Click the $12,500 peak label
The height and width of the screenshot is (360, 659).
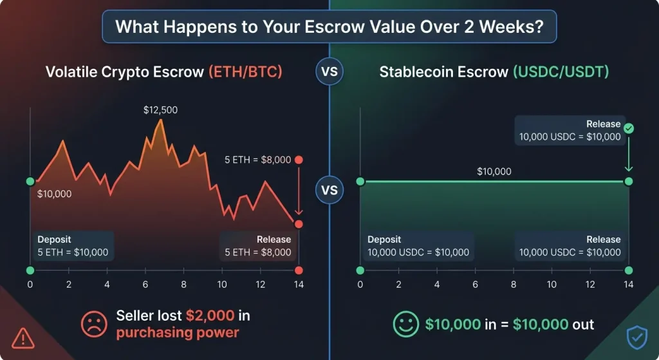(x=160, y=110)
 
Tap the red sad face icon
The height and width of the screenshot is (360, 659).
(x=94, y=323)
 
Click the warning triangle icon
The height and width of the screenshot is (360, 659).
(x=23, y=337)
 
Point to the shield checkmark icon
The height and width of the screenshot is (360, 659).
(x=636, y=337)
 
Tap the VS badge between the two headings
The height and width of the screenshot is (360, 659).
(x=329, y=72)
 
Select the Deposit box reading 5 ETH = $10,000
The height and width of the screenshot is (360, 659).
(x=73, y=246)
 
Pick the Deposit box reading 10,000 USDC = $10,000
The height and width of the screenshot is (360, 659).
(x=418, y=246)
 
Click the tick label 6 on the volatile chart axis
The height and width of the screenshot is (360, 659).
(x=145, y=285)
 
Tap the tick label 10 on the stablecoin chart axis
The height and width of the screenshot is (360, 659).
(x=552, y=285)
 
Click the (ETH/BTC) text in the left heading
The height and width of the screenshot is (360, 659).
(x=245, y=72)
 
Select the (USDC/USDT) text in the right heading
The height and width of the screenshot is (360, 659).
(x=560, y=72)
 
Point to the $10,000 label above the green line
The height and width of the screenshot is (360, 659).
(x=494, y=171)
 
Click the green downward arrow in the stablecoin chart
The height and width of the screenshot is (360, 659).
(x=629, y=155)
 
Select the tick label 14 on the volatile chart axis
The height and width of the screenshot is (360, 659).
(x=299, y=285)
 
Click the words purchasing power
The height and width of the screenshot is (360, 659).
(x=178, y=332)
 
